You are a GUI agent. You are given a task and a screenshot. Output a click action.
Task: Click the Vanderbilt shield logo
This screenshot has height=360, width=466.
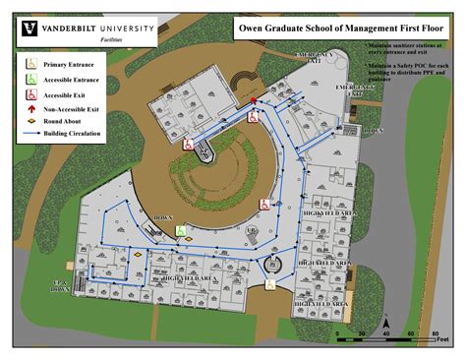[x=26, y=31]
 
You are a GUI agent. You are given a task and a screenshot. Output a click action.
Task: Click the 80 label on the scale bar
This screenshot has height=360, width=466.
[x=435, y=336]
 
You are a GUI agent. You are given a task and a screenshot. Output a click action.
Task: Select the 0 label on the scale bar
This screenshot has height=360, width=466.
[x=337, y=336]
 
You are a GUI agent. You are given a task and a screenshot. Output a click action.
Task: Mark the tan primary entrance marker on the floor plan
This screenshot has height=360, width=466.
[x=271, y=284]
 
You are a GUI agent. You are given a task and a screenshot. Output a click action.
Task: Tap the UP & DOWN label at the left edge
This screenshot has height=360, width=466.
[x=60, y=286]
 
